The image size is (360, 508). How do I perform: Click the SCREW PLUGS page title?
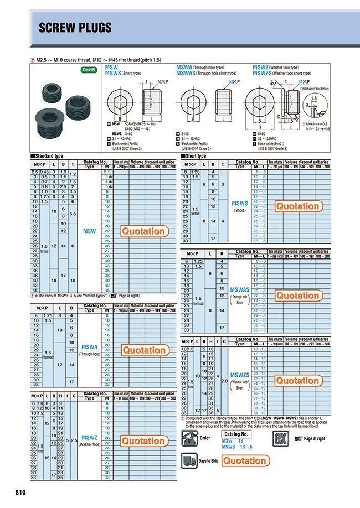(76, 28)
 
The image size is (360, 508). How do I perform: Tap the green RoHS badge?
(89, 70)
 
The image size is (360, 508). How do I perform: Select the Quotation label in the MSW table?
(143, 231)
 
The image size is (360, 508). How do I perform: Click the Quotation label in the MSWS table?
(297, 206)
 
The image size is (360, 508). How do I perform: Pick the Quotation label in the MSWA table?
(143, 350)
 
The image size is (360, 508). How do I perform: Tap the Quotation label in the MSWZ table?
(143, 441)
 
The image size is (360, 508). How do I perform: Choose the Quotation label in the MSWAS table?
(297, 296)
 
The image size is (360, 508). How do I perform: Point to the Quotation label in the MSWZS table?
(297, 381)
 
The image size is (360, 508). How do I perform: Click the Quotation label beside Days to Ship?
(245, 461)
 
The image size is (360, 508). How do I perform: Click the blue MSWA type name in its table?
(89, 347)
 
